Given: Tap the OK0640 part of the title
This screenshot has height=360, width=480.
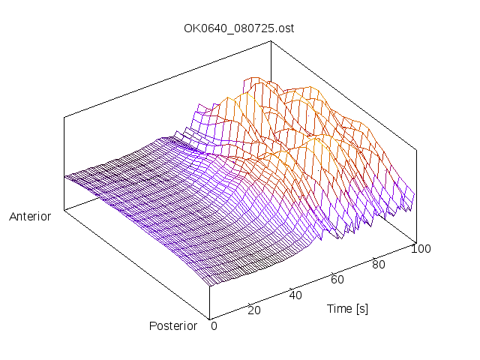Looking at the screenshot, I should tap(202, 28).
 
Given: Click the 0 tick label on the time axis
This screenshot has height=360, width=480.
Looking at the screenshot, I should tap(214, 326).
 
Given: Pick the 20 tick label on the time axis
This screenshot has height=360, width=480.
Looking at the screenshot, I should tap(253, 310).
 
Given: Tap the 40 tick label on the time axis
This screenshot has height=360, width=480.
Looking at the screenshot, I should tap(295, 295).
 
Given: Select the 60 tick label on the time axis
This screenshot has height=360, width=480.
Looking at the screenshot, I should tap(337, 280).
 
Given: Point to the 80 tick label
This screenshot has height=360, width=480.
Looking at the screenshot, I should tap(379, 264).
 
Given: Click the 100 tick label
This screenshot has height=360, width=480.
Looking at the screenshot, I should tap(420, 249).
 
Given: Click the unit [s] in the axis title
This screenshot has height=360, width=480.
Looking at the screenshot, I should tap(361, 308).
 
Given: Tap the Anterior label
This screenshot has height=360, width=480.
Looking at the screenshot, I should tap(30, 217).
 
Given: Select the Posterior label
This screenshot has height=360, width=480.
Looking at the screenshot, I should tap(173, 325).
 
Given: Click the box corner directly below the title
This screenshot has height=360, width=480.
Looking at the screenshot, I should tap(270, 42).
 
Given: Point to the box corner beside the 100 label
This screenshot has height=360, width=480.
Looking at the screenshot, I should tap(415, 242).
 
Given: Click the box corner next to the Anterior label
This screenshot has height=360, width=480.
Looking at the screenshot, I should tap(64, 209).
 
